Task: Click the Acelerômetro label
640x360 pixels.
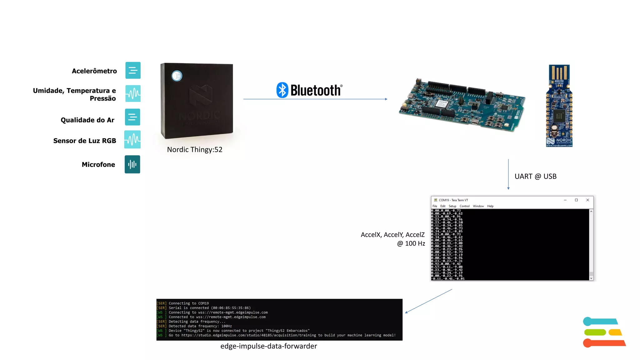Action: [x=94, y=71]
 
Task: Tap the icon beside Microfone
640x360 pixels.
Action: [x=132, y=164]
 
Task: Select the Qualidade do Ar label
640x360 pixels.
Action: [x=87, y=120]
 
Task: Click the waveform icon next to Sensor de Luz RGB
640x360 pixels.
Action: [x=132, y=139]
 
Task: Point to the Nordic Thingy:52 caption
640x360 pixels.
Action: [x=194, y=150]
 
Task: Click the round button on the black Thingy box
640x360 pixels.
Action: [x=177, y=76]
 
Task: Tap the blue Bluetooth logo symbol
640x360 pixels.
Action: [x=282, y=90]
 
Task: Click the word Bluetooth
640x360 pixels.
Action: [x=316, y=90]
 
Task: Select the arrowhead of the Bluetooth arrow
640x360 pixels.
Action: [x=386, y=99]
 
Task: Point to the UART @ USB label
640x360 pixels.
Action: [x=535, y=177]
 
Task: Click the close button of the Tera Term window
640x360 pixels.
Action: [x=587, y=200]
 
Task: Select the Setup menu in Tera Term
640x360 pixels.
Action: [x=452, y=206]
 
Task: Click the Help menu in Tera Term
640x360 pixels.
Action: [x=490, y=206]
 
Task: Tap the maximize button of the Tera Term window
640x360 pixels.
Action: [x=576, y=200]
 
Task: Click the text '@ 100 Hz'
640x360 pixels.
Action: [x=411, y=243]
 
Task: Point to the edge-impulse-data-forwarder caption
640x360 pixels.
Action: [x=268, y=346]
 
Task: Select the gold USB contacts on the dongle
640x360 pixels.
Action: [x=559, y=72]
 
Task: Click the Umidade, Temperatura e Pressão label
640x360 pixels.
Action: [x=74, y=94]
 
